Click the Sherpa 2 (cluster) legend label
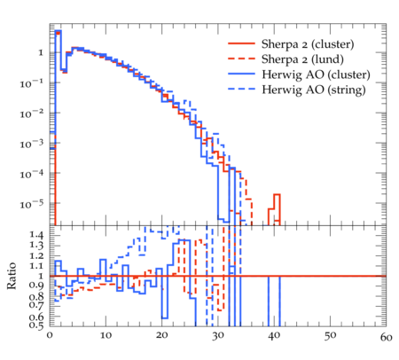tap(308, 44)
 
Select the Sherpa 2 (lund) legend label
tap(302, 59)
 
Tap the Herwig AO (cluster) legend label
tap(316, 74)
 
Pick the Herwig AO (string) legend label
tap(314, 90)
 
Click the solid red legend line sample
tap(241, 43)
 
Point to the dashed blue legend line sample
tap(241, 89)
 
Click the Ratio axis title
tap(12, 276)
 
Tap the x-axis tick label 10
tap(106, 335)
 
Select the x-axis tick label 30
tap(218, 336)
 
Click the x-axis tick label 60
tap(386, 337)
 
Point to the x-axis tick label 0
tap(50, 335)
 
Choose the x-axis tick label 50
tap(330, 336)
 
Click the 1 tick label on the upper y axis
tap(41, 53)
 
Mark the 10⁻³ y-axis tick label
tap(31, 144)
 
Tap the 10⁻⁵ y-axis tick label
tap(31, 204)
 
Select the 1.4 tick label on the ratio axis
tap(36, 235)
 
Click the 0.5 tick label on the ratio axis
tap(36, 325)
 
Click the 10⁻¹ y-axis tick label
tap(31, 83)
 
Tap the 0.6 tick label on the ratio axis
tap(36, 317)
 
